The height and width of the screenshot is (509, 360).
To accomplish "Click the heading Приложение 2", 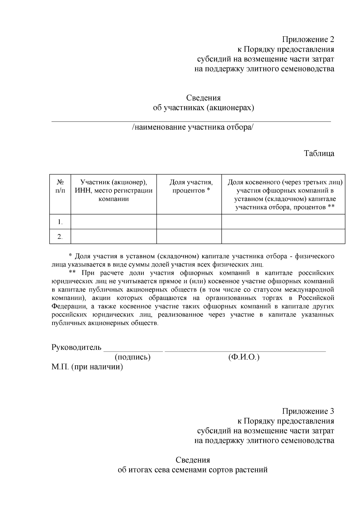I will tap(308, 39).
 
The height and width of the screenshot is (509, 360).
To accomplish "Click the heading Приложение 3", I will tap(308, 411).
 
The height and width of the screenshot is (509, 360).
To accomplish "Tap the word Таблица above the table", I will tap(319, 154).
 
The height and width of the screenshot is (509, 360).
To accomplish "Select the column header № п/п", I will tap(60, 186).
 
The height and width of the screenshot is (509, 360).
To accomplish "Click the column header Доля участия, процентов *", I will tap(191, 186).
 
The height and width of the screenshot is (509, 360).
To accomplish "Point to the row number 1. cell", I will tap(60, 222).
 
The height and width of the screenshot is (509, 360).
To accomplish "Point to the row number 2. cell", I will tap(60, 237).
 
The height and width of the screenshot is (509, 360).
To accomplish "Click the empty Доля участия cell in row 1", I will tap(189, 222).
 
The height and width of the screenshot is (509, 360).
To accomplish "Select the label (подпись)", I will tap(132, 357).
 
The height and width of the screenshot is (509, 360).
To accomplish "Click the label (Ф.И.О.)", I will tap(244, 357).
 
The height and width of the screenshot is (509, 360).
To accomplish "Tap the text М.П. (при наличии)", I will tap(87, 367).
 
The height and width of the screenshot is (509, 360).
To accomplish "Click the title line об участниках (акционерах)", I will tap(203, 108).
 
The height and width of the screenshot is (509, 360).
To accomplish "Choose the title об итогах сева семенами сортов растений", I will tap(193, 470).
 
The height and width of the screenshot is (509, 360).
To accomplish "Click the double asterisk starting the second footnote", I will tap(72, 273).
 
